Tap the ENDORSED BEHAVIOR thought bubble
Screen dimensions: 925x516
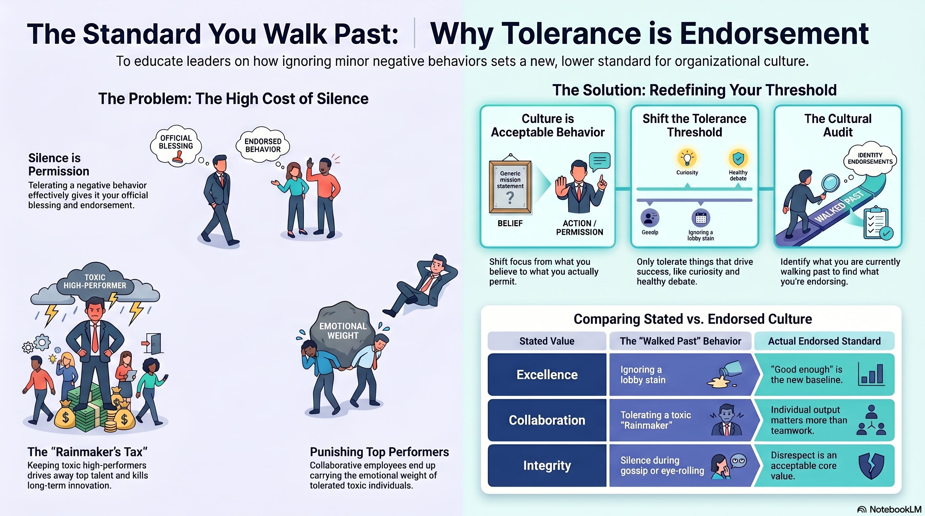point(263,144)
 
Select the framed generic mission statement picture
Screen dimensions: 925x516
point(510,186)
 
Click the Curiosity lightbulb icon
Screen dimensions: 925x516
point(687,158)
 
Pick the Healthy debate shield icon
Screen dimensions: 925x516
point(738,158)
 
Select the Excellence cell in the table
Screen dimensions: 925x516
point(547,375)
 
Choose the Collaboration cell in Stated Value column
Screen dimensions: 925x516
point(547,420)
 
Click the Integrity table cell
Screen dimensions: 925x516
point(547,465)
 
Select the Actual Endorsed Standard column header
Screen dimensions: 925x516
point(824,341)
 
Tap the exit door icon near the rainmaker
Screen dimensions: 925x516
point(153,343)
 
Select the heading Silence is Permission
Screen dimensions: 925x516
point(58,164)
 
